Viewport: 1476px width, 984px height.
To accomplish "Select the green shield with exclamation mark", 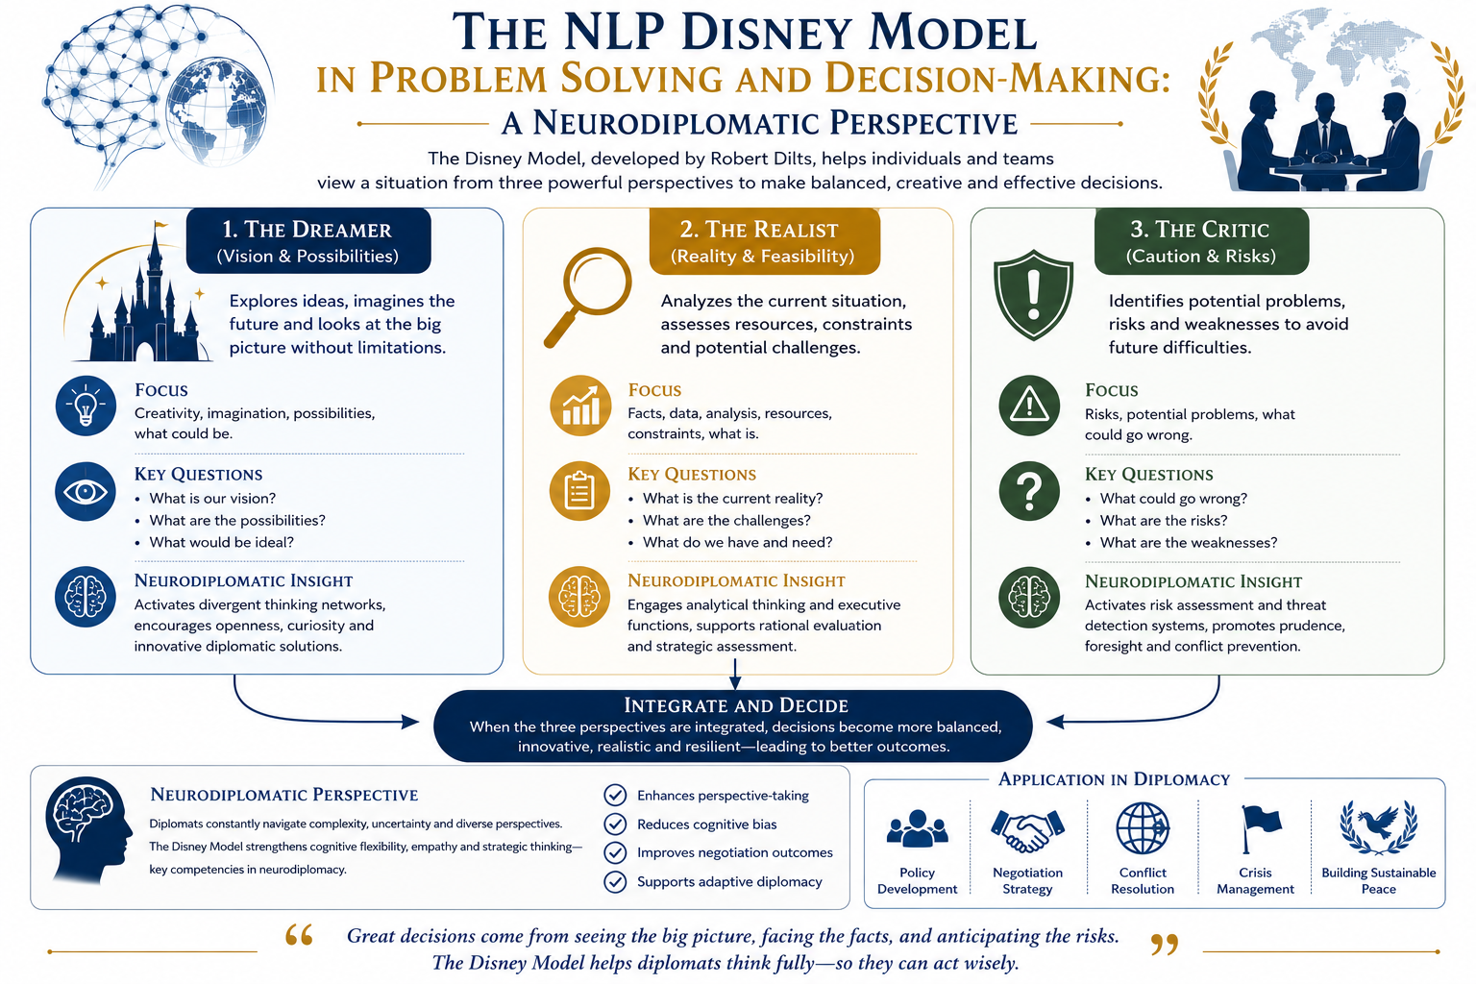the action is [x=1033, y=295].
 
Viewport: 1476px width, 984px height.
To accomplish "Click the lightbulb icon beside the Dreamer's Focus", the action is [x=86, y=406].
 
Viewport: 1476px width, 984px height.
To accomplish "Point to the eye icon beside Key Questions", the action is [x=86, y=492].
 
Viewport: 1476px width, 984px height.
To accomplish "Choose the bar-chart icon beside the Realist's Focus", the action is [x=580, y=406].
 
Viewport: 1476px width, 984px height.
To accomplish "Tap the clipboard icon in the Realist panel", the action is [x=579, y=491].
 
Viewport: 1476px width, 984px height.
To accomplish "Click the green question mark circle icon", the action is [x=1029, y=492].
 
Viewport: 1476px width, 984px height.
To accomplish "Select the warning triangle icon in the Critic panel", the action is [x=1029, y=406].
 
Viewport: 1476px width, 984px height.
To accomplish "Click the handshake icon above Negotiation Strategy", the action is [x=1027, y=829].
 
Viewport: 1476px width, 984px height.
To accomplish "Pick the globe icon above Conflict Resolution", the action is [x=1143, y=827].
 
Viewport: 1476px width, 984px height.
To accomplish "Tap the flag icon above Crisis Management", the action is [x=1260, y=828].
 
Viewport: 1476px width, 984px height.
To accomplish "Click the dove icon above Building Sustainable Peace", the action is [x=1379, y=827].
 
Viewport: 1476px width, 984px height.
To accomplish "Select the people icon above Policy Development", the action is [x=918, y=828].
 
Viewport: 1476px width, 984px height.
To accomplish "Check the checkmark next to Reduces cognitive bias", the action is [x=615, y=824].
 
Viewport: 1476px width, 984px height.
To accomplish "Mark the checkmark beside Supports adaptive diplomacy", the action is [x=615, y=881].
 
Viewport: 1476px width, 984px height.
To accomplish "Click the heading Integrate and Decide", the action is [x=736, y=705].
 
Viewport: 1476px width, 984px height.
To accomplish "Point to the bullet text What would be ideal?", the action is [x=221, y=542].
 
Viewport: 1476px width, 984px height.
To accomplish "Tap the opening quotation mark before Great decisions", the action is [x=299, y=935].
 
